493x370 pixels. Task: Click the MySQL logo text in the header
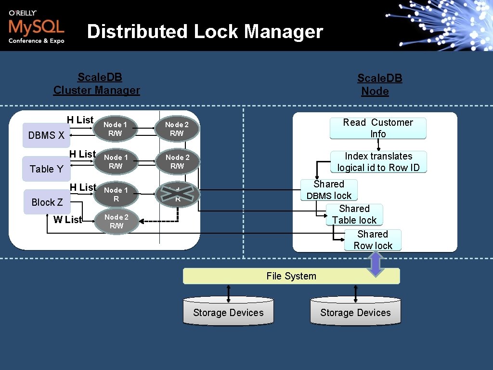[36, 26]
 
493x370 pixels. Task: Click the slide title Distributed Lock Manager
[205, 32]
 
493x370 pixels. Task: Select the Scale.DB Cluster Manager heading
[97, 84]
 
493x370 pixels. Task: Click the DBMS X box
[46, 135]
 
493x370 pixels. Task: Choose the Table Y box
[46, 169]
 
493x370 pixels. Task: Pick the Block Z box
[47, 202]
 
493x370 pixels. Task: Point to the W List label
[68, 220]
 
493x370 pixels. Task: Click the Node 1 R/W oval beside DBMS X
[116, 129]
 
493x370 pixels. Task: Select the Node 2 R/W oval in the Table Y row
[177, 161]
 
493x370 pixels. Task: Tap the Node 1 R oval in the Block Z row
[116, 194]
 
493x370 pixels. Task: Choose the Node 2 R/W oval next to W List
[116, 222]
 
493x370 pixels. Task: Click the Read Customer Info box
[378, 128]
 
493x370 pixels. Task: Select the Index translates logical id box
[378, 162]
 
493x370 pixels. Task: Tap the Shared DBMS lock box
[329, 190]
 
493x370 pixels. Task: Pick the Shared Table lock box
[354, 214]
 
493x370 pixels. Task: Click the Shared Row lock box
[373, 240]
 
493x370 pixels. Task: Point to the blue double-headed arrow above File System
[376, 264]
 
